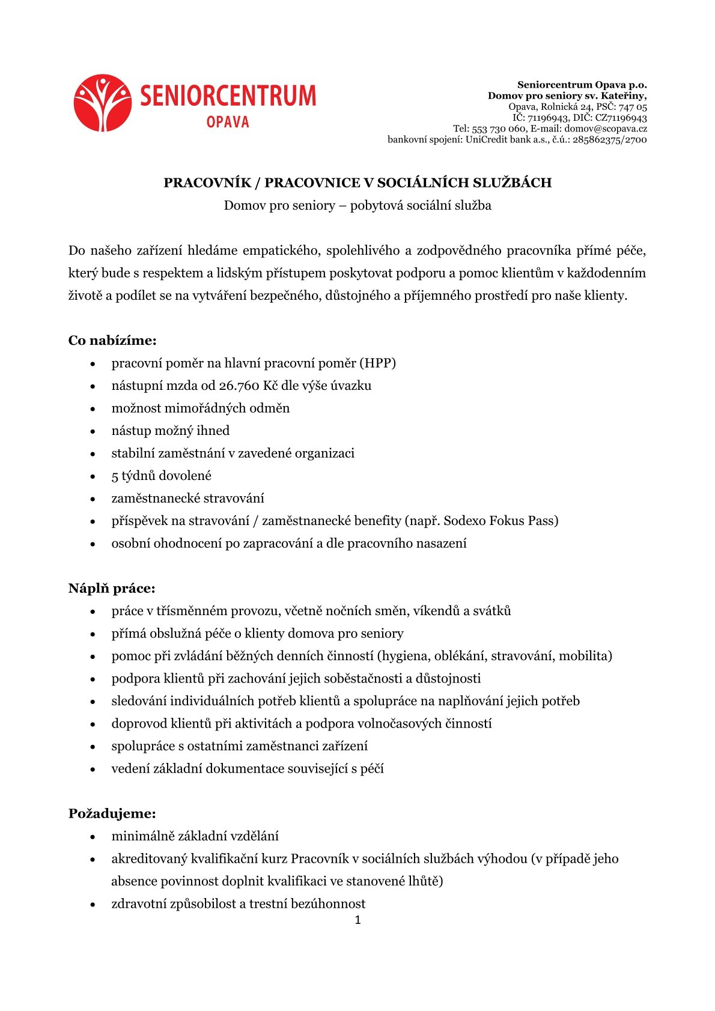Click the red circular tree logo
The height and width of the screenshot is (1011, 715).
(x=103, y=103)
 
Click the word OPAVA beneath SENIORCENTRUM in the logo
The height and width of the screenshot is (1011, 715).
(x=227, y=122)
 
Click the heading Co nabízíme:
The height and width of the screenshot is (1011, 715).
(x=112, y=341)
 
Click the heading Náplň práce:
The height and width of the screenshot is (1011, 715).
(x=112, y=588)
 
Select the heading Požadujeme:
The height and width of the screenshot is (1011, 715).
(x=112, y=813)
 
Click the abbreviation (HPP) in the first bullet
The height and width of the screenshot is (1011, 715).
(x=377, y=363)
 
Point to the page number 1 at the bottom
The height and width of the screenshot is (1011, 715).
(x=357, y=920)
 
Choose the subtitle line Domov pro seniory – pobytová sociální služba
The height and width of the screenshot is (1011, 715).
(x=357, y=205)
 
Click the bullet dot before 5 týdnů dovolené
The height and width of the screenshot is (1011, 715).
(x=93, y=476)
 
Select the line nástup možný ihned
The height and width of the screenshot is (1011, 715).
(x=171, y=431)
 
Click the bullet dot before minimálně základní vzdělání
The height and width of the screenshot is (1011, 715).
(x=93, y=837)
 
